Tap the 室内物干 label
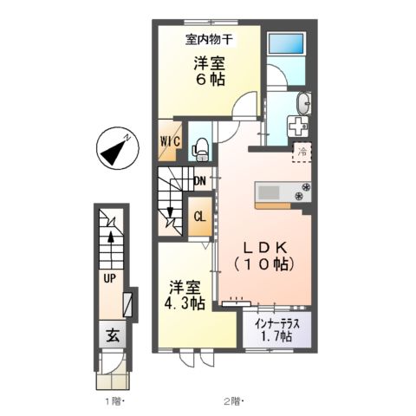click(208, 39)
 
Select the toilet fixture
click(198, 148)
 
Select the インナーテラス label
click(276, 323)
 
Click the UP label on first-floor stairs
click(109, 279)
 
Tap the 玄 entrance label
click(113, 335)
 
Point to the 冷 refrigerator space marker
click(303, 153)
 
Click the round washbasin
click(302, 103)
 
